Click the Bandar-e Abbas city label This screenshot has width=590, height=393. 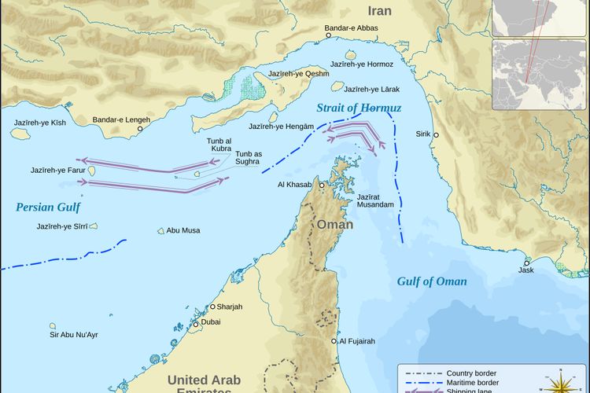(352, 28)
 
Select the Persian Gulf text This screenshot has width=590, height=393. (48, 208)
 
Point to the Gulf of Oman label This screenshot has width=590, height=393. (431, 281)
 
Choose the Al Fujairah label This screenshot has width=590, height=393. (357, 341)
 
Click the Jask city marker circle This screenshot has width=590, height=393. (527, 263)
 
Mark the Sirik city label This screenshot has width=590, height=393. (423, 134)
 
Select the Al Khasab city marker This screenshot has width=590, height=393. (322, 185)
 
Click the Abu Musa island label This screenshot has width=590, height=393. (183, 230)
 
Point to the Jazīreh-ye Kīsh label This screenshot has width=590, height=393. (40, 123)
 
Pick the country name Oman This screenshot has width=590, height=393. (335, 224)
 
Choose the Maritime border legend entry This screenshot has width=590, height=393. (473, 384)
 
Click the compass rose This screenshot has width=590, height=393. (560, 383)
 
